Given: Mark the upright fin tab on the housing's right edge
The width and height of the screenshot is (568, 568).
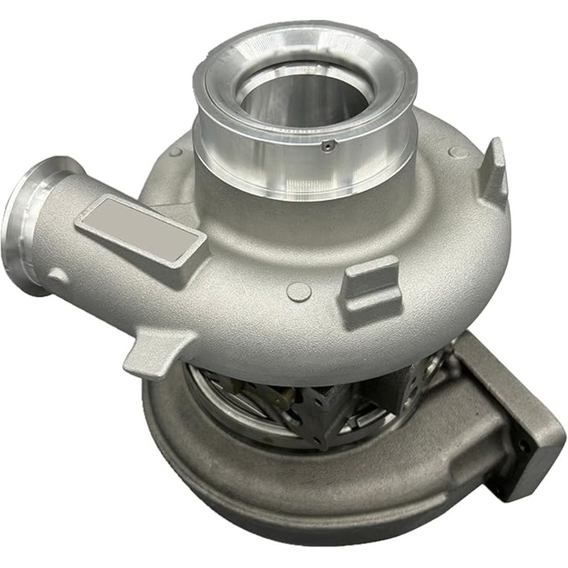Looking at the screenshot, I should [x=494, y=171].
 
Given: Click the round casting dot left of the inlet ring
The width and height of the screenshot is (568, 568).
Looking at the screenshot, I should [x=175, y=152].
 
